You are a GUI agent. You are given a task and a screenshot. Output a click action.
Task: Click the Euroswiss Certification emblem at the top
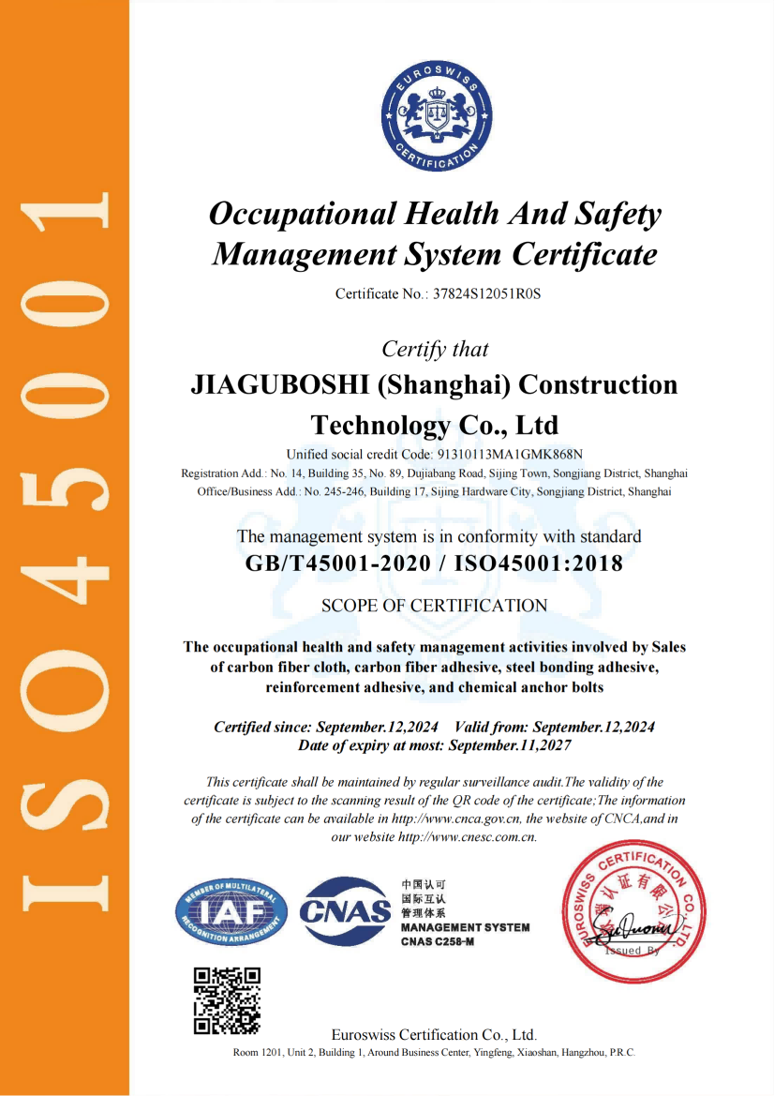[435, 121]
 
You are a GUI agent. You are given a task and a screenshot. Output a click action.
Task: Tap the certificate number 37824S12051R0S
[486, 293]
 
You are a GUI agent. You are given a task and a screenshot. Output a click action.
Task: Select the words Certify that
[435, 349]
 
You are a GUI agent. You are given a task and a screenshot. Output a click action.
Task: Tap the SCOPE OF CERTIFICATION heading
[434, 606]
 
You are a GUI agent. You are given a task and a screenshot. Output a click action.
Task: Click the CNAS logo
[344, 909]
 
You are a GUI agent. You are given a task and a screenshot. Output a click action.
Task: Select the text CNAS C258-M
[438, 940]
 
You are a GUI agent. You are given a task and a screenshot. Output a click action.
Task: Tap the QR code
[227, 1000]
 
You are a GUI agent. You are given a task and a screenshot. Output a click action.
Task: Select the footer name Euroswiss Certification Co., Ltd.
[434, 1035]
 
